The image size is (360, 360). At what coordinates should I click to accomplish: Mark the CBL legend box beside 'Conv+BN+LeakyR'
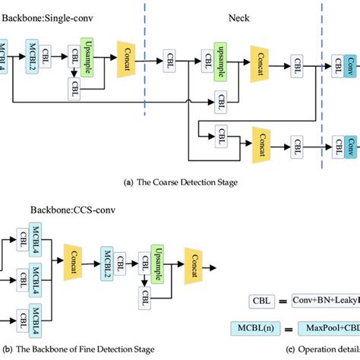pyautogui.click(x=263, y=301)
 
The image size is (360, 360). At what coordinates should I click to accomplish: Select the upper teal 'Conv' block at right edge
pyautogui.click(x=352, y=66)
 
